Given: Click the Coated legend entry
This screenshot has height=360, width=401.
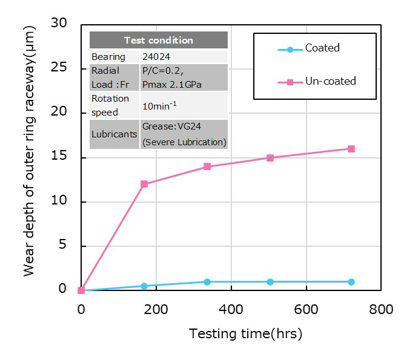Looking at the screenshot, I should [322, 48].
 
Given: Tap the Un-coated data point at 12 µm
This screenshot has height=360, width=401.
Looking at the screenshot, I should [144, 184].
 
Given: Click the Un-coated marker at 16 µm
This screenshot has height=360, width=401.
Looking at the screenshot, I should [351, 149].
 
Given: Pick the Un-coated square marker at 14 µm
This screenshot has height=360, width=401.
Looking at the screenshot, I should [207, 166].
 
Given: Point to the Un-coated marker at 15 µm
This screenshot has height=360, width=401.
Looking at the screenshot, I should [270, 158].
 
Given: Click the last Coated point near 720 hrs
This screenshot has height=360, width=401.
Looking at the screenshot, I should [351, 282].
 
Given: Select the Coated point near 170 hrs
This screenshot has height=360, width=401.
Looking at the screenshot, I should [144, 286].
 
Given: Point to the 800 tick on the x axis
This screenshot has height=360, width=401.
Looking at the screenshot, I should [381, 309].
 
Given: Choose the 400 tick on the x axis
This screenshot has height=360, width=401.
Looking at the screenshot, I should [231, 309].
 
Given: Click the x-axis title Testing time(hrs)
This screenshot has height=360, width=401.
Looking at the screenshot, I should [245, 333].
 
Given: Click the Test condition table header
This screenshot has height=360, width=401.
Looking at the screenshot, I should [159, 41].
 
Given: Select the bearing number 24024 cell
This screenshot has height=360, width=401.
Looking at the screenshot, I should [156, 57].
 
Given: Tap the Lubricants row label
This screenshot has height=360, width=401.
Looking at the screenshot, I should [114, 134].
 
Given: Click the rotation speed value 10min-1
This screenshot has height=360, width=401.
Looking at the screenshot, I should [159, 105].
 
